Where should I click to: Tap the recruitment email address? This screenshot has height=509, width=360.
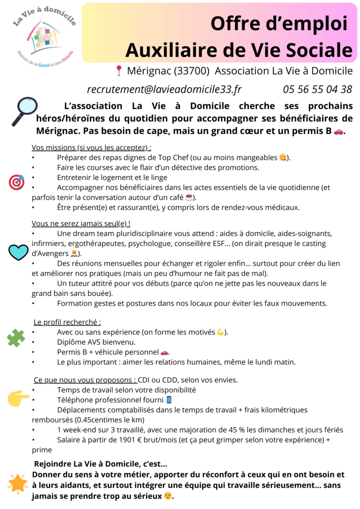pos(164,89)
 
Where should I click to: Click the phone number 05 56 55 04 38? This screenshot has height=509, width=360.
pos(317,89)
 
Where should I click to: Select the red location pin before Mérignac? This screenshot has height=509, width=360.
pos(119,71)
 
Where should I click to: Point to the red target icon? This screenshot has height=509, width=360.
pos(16,182)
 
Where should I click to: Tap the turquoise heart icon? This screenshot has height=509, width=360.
pos(19,252)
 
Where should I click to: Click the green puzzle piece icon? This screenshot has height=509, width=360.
pos(16,337)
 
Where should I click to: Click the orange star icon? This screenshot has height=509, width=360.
pos(18,484)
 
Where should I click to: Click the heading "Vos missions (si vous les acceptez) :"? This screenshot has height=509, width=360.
pos(91,148)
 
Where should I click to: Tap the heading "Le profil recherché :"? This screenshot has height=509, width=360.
pos(67,322)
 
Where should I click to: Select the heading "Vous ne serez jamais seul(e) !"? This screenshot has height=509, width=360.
pos(81,223)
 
